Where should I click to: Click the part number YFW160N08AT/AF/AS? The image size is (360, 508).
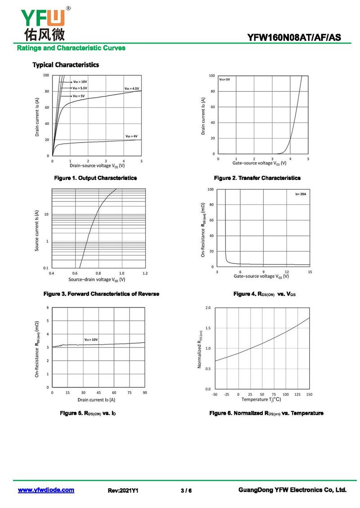(x=298, y=38)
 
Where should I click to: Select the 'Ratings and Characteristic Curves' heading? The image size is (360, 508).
(x=71, y=48)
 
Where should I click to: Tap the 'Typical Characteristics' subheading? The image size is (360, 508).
(x=66, y=65)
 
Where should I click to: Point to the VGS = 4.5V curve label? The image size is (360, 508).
(x=132, y=89)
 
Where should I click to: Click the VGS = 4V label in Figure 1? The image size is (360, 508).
(x=131, y=136)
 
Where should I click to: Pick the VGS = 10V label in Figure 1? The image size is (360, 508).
(x=80, y=81)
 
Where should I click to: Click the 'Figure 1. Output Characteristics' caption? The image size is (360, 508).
(x=95, y=178)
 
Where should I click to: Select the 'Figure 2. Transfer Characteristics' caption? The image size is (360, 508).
(x=257, y=178)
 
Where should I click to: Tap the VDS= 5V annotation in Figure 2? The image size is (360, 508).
(x=225, y=79)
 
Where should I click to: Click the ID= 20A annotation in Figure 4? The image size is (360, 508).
(x=300, y=194)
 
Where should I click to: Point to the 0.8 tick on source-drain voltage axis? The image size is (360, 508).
(x=98, y=273)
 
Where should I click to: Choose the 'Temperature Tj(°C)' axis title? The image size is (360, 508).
(x=261, y=400)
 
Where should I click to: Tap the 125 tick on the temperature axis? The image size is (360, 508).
(x=297, y=394)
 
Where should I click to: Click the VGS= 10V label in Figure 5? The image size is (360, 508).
(x=91, y=339)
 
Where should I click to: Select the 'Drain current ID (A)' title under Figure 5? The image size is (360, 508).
(x=96, y=400)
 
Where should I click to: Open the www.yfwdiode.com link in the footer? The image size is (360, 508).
(x=46, y=490)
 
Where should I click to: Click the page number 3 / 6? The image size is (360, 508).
(x=186, y=490)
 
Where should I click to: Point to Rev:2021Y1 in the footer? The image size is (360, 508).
(x=123, y=490)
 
